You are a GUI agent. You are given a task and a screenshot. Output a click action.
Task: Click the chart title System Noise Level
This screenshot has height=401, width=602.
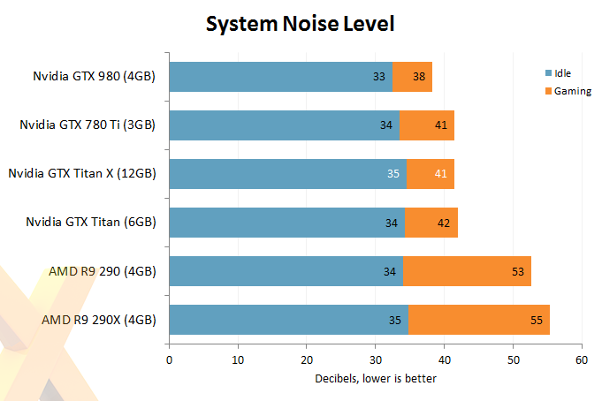[x=300, y=24]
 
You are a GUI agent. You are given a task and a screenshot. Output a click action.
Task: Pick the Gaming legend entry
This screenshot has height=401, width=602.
[x=572, y=91]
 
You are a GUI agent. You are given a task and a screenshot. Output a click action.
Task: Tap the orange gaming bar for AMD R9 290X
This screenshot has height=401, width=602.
[x=478, y=320]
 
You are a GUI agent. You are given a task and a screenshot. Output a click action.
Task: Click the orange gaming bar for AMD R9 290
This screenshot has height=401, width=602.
[x=467, y=271]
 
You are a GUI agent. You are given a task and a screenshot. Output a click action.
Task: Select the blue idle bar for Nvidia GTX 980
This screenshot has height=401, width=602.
[x=279, y=77]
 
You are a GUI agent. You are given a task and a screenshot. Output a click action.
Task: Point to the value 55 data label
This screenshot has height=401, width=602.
[x=536, y=320]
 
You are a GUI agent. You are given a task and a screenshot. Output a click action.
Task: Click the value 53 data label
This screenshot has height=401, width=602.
[x=518, y=271]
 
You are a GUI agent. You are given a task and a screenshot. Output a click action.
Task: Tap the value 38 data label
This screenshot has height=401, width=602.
[x=419, y=77]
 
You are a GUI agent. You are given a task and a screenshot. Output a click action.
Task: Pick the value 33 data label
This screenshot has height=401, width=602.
[x=379, y=77]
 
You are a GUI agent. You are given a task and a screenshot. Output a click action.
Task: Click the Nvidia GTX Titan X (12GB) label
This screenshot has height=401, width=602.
[x=82, y=174]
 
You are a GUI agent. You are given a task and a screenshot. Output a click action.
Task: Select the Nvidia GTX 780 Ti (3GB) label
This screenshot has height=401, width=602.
[x=88, y=125]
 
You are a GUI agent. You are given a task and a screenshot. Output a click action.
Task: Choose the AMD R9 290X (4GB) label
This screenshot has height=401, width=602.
[x=99, y=320]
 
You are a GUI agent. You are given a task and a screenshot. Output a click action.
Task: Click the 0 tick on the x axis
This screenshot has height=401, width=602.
[x=169, y=360]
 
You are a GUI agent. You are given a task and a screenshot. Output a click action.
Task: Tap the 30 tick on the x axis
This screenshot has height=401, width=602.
[x=376, y=360]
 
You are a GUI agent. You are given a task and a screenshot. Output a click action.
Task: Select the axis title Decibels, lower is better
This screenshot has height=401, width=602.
[x=375, y=380]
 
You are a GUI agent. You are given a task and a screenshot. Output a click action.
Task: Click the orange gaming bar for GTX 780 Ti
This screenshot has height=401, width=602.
[x=427, y=125]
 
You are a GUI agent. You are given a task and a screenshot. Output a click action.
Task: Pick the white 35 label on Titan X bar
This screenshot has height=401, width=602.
[x=393, y=174]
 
